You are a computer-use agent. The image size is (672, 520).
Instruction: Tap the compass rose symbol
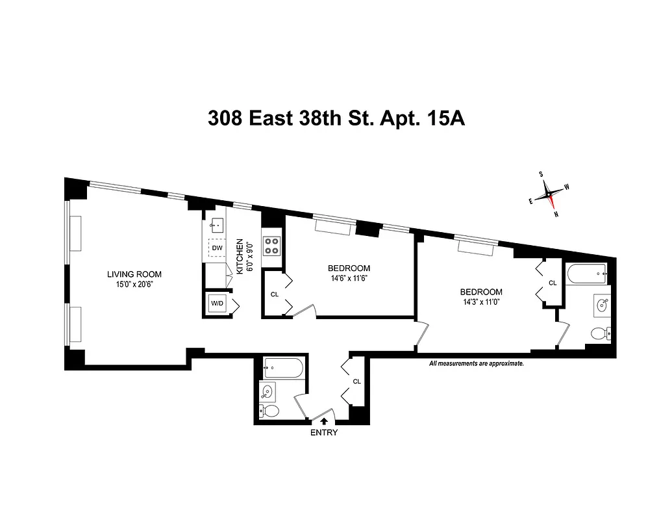549,193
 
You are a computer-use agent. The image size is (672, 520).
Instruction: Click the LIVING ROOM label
134,274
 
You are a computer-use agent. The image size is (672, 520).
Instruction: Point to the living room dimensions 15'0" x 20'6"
134,284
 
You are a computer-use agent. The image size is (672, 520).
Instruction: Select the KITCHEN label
240,255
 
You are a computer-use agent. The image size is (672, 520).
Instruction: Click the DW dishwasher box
218,248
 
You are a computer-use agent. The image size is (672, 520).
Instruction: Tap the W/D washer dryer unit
216,304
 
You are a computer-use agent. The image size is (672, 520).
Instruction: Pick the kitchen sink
217,226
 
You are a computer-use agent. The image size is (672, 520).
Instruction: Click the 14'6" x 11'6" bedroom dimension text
349,278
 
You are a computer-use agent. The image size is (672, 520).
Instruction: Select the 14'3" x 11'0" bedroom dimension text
480,302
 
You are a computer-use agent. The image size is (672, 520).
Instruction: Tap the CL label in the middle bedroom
275,294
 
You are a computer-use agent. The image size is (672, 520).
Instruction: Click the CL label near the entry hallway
356,382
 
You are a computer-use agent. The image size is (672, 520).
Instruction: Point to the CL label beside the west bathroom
553,283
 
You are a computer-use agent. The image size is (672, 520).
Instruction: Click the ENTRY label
324,433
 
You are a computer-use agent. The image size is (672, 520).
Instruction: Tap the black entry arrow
324,421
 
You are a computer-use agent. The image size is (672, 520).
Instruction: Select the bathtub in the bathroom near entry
282,368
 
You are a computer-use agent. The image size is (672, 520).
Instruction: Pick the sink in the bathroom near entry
268,391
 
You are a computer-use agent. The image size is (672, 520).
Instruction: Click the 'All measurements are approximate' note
476,364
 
